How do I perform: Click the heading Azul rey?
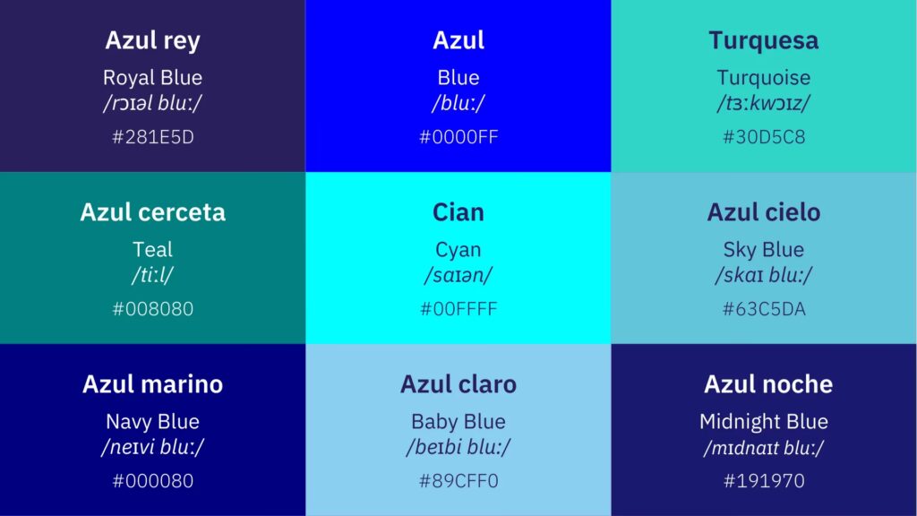pos(152,41)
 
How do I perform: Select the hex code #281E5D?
pos(152,137)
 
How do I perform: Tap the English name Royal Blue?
pos(152,77)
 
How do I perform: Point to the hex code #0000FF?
pos(458,137)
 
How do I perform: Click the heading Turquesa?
pos(764,40)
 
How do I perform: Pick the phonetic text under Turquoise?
pos(764,104)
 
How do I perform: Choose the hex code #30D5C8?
pos(764,137)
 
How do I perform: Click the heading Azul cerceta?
pos(152,212)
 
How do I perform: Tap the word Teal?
pos(152,249)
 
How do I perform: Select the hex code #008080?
pos(152,309)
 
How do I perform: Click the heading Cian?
pos(458,212)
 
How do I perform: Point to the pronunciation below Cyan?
pos(458,276)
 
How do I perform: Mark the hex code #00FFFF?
pos(458,309)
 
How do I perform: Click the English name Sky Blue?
pos(764,250)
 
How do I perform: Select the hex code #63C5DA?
pos(764,309)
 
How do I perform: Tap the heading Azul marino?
pos(152,384)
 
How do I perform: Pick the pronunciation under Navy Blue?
pos(152,448)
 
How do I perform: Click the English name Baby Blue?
pos(458,422)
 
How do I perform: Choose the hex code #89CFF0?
pos(458,481)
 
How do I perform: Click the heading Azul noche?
pos(768,384)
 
